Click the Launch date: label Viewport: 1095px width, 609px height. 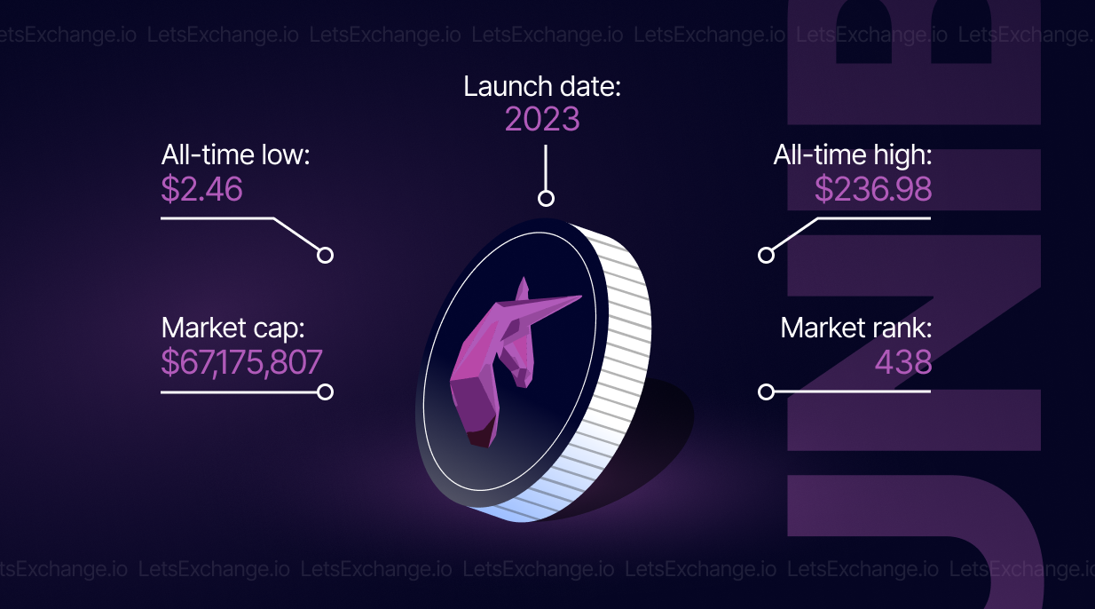(542, 87)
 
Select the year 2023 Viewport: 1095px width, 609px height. (542, 119)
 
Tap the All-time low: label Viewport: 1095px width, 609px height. (236, 155)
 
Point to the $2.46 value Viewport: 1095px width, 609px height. (202, 189)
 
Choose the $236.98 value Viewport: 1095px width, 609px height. (873, 189)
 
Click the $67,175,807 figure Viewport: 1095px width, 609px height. (241, 362)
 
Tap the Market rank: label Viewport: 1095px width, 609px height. (856, 328)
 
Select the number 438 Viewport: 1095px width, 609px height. (903, 362)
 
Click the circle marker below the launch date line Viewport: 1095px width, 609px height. (546, 199)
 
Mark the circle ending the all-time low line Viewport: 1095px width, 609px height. (325, 256)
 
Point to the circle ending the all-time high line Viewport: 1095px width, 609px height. (766, 256)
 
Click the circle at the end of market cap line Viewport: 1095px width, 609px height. (325, 391)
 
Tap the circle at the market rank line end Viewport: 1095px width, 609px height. (766, 391)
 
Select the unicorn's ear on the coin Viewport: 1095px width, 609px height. (523, 289)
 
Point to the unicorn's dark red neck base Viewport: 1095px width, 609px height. (481, 435)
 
